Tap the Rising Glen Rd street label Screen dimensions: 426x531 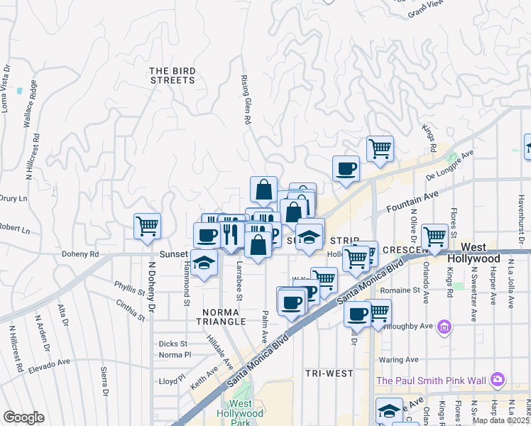tap(246, 100)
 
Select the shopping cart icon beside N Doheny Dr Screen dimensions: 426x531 tap(147, 226)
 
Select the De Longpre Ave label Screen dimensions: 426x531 tap(449, 166)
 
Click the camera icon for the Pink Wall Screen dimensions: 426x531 tap(498, 380)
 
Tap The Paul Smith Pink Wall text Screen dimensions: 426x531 tap(432, 381)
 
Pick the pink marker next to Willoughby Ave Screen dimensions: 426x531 tap(444, 327)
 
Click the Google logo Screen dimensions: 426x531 tap(23, 417)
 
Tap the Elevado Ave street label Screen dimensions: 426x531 tap(49, 365)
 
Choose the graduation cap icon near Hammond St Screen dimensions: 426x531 tap(204, 263)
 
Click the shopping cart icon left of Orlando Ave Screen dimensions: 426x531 tap(434, 236)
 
